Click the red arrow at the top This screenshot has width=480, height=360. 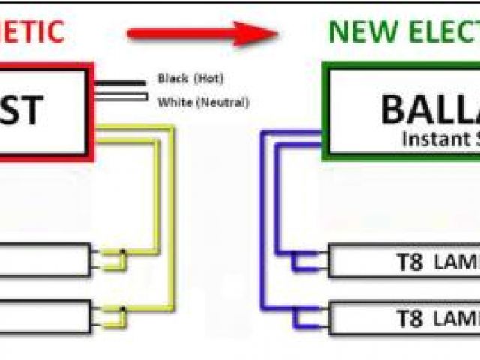tap(199, 33)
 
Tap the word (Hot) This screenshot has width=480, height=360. tap(208, 78)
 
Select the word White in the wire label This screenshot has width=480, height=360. tap(174, 102)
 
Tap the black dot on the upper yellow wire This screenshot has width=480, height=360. tap(122, 250)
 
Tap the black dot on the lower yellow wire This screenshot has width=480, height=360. tap(122, 307)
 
